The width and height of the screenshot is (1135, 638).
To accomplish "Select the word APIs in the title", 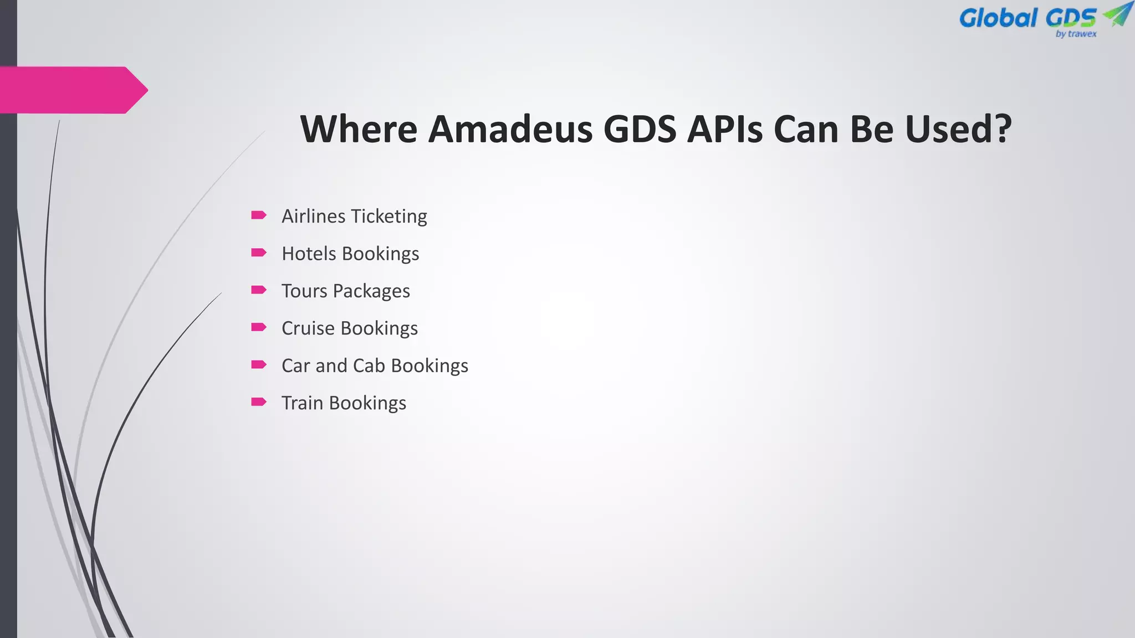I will (724, 129).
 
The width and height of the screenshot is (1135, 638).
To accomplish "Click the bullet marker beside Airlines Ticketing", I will (259, 215).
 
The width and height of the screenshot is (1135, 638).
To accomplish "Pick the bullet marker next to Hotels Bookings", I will (259, 253).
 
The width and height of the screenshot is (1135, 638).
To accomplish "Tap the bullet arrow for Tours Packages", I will (259, 290).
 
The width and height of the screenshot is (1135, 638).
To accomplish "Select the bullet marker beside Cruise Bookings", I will (259, 327).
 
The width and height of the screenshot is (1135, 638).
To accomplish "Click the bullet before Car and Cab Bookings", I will (259, 364).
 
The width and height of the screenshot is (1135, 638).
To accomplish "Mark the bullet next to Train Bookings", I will (259, 402).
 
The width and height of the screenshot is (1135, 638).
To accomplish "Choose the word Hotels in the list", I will (309, 254).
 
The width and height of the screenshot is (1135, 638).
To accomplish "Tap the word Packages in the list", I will (371, 291).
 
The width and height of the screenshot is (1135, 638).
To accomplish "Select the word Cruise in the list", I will (308, 328).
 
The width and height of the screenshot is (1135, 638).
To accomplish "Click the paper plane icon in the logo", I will (1117, 14).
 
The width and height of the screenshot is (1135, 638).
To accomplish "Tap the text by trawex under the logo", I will (1076, 34).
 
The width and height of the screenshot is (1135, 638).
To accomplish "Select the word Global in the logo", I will (998, 18).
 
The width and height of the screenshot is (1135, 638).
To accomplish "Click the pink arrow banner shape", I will (72, 90).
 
